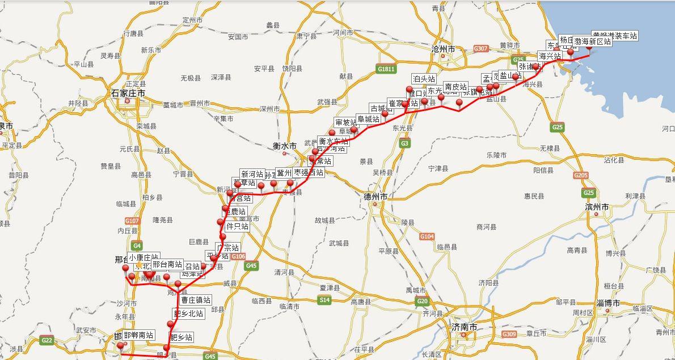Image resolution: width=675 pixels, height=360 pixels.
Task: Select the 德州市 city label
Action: tap(376, 196)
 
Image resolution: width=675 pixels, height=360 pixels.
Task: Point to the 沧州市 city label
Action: tap(443, 50)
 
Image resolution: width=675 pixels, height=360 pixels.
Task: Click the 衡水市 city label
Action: tap(284, 146)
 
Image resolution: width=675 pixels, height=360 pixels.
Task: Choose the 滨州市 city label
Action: tap(597, 207)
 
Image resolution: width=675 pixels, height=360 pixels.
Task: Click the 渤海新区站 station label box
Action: tap(592, 41)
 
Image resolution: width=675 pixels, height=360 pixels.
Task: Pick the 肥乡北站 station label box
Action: tap(188, 314)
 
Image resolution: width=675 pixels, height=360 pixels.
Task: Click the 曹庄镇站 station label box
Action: tap(196, 300)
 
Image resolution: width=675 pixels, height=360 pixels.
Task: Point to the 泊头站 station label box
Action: tap(424, 79)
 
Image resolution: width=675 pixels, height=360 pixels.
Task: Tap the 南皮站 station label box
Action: tap(455, 87)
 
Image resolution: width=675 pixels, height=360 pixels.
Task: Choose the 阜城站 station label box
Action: tap(368, 119)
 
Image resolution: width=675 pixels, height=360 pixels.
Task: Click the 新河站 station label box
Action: tap(252, 174)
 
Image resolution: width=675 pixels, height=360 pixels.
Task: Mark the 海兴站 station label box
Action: tap(550, 56)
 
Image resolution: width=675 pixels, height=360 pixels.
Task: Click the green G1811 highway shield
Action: tap(386, 69)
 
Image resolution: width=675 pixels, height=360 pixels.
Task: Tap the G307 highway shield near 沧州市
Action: tap(480, 49)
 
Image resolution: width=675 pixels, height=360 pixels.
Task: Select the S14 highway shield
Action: tap(324, 299)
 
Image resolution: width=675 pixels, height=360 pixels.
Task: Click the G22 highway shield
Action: tap(47, 340)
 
